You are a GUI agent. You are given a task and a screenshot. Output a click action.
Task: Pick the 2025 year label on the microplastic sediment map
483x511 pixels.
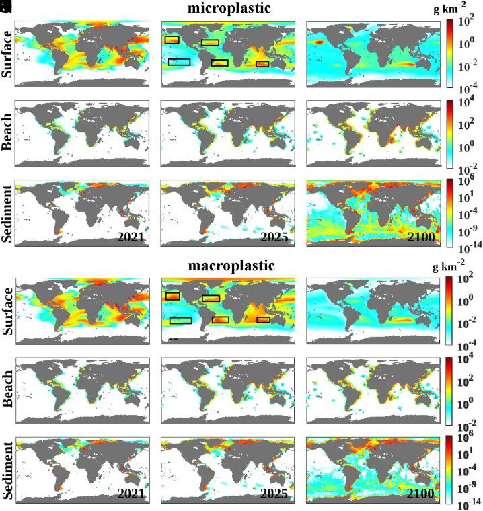pos(274,237)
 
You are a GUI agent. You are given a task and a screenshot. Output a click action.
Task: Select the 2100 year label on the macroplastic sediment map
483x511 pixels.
pos(420,493)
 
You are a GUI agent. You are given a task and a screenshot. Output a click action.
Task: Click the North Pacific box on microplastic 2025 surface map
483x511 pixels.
pos(172,40)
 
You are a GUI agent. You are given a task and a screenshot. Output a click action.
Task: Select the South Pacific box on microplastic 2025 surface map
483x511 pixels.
pos(179,62)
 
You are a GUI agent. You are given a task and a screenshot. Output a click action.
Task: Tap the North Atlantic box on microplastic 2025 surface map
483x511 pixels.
pos(210,42)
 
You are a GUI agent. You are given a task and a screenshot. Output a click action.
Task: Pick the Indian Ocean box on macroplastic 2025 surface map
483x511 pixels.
pos(263,319)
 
